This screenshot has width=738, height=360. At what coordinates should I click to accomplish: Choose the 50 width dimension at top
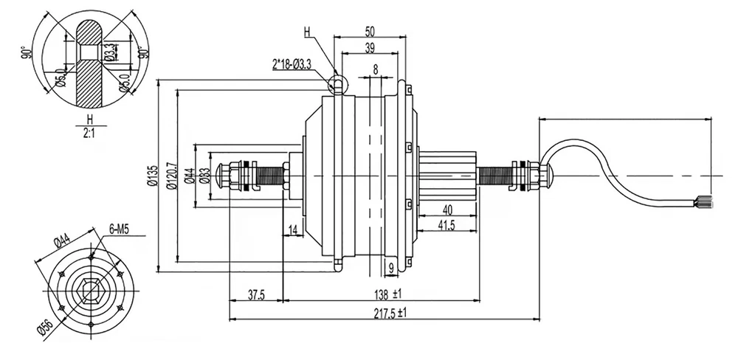click(370, 31)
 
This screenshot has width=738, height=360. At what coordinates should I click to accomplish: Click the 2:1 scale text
click(89, 134)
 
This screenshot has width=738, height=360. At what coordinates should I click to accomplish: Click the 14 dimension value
click(293, 232)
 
